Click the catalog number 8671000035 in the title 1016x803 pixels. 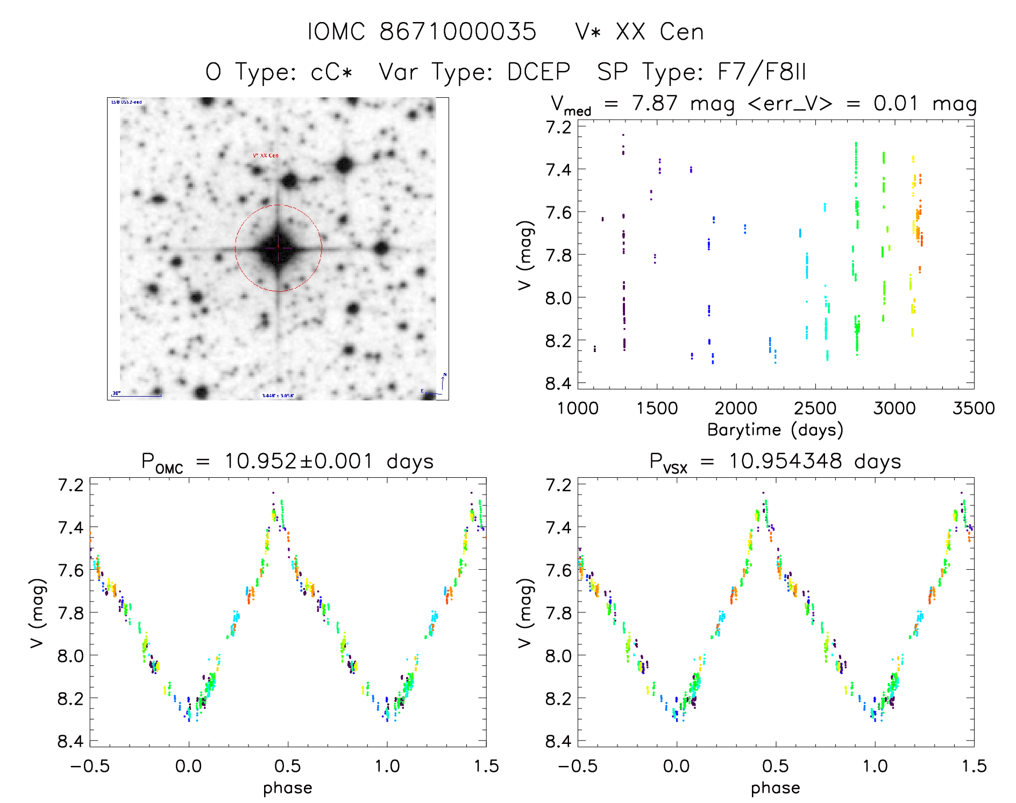(458, 32)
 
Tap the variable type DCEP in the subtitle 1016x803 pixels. (538, 72)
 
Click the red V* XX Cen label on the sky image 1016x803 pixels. (266, 156)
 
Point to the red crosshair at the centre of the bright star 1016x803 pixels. (278, 247)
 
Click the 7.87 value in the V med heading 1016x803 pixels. (655, 103)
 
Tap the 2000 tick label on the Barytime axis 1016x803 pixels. (736, 408)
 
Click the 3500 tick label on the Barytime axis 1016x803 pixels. (974, 408)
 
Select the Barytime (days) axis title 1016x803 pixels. (775, 430)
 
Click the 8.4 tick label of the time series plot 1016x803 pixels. (558, 383)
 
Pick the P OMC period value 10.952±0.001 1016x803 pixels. (299, 461)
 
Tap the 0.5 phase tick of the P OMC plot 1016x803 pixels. (288, 766)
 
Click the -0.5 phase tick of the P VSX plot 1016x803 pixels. (577, 766)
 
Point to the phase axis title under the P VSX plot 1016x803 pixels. (775, 788)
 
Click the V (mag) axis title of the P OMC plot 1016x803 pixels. (37, 613)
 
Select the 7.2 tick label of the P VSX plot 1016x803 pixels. (558, 485)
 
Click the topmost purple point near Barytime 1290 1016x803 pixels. (623, 135)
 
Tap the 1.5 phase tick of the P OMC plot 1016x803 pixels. (486, 766)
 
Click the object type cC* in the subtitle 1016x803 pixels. (331, 72)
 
